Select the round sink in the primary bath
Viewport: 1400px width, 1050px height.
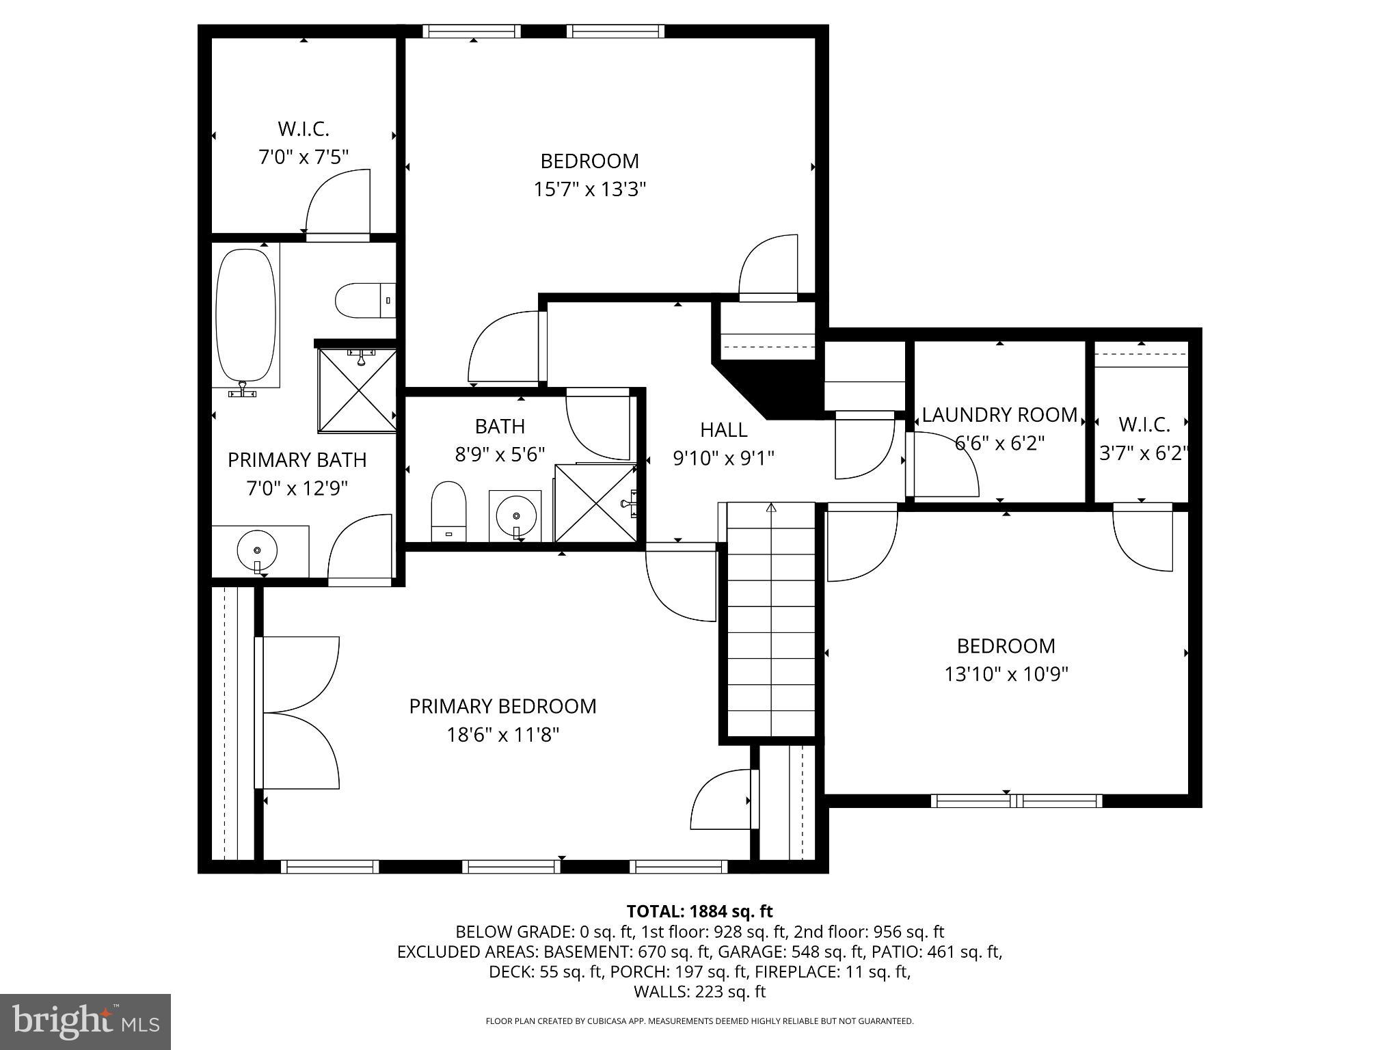pos(257,550)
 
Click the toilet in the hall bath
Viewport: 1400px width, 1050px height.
pos(448,511)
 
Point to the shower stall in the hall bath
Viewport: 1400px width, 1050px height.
pos(595,502)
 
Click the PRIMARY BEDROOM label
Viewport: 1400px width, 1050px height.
pos(502,706)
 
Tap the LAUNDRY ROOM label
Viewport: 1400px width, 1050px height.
pos(999,415)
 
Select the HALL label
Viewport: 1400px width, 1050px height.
pos(723,430)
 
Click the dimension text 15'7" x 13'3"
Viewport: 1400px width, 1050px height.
pos(589,189)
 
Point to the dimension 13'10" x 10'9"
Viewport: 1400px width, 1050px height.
pos(1006,675)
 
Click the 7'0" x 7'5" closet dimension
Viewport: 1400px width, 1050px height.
pos(303,157)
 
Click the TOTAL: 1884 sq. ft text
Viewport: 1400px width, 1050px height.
pos(699,911)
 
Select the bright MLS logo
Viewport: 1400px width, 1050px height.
pos(85,1021)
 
